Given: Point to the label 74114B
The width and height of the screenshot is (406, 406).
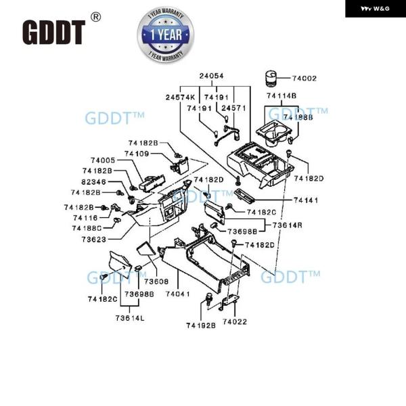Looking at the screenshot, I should [281, 95].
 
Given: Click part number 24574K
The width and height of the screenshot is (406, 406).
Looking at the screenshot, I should [181, 97].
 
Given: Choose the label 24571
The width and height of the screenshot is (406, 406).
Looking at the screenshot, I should [234, 108].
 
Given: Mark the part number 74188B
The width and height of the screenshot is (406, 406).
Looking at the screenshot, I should [298, 117].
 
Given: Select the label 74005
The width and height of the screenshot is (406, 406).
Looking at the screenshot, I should [104, 160].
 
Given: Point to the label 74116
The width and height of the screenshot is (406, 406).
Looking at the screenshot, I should [86, 218].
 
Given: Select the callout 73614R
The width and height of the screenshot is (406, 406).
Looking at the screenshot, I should [288, 225].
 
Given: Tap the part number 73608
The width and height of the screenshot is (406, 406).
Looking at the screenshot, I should [156, 281].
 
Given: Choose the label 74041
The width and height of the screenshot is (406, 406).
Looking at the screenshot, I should [177, 294].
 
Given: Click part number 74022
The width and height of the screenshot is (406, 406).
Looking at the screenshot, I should [235, 321].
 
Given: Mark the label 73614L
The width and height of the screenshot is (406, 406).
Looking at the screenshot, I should [130, 317].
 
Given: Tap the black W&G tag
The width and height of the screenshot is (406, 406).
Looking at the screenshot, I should [375, 8].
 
